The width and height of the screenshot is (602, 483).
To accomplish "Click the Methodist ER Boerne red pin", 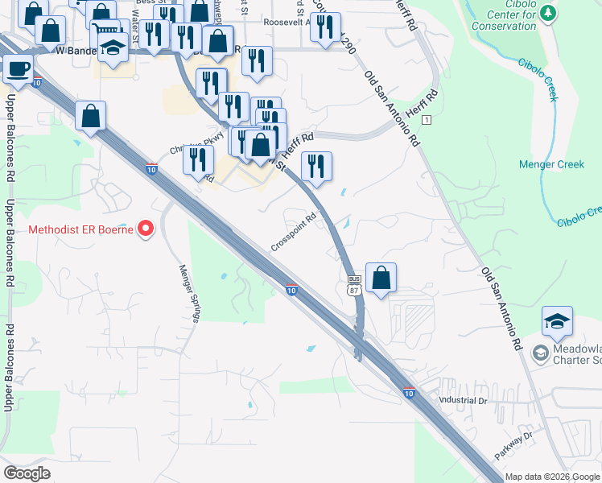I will pos(146,229).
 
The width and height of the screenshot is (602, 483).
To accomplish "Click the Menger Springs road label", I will pos(189,293).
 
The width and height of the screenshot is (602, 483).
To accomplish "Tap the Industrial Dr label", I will pos(462,400).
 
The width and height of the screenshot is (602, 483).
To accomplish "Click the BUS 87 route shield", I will pos(353,285).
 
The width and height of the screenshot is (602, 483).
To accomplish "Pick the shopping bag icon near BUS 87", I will pos(381,278).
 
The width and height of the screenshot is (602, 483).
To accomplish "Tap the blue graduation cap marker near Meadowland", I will pos(557,322).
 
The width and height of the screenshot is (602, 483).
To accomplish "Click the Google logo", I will pos(27,473).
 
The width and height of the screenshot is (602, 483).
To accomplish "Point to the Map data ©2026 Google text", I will pos(551,477).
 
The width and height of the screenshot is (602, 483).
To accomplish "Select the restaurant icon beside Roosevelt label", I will pos(325,30).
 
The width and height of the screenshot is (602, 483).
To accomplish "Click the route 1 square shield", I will pos(427,120).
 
